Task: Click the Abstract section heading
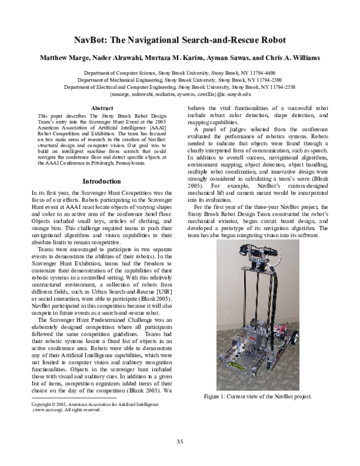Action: (x=101, y=108)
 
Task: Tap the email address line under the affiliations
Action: (x=179, y=94)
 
